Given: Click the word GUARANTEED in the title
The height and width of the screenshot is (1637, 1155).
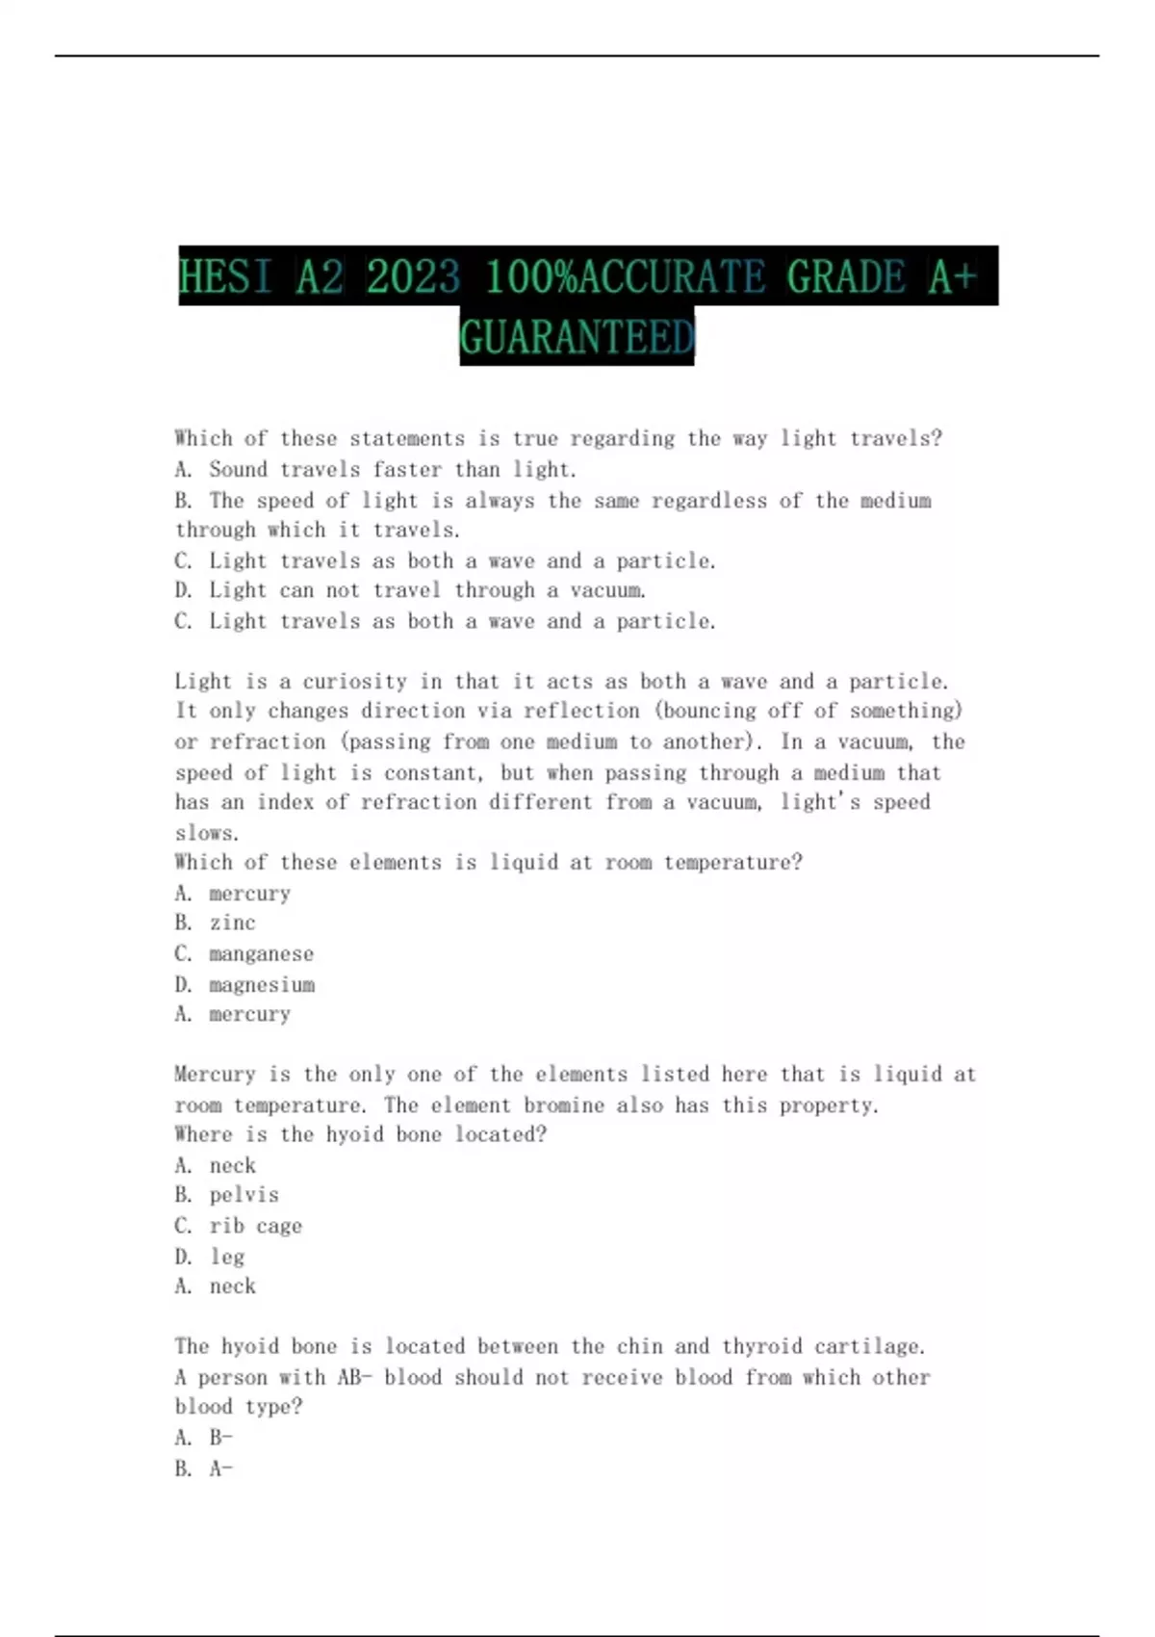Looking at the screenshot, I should click(x=577, y=337).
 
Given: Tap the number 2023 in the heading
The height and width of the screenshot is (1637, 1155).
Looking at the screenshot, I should click(x=413, y=277).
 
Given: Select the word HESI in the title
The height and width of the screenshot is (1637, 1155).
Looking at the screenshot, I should click(x=225, y=277).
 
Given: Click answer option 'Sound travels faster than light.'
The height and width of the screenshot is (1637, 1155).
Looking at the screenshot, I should click(x=393, y=470).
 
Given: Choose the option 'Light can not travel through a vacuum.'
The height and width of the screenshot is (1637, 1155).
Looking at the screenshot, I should click(x=427, y=590).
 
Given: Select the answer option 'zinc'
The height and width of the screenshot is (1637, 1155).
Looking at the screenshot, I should click(x=232, y=923).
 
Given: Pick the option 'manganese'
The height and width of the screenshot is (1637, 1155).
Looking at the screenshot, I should click(x=261, y=954).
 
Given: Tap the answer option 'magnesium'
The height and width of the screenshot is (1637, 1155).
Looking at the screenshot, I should click(x=262, y=985).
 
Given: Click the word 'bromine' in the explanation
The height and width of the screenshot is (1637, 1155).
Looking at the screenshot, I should click(x=564, y=1105).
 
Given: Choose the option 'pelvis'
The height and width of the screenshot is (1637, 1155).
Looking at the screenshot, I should click(x=244, y=1195).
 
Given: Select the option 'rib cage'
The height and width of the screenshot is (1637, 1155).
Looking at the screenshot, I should click(x=255, y=1226).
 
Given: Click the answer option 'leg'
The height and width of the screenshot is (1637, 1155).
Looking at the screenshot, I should click(x=227, y=1257).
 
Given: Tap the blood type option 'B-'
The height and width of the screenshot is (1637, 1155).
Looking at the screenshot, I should click(x=220, y=1438).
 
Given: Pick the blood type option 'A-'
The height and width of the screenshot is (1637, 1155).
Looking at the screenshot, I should click(x=220, y=1468).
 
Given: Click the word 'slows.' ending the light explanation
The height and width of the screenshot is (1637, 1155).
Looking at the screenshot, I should click(x=206, y=833).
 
